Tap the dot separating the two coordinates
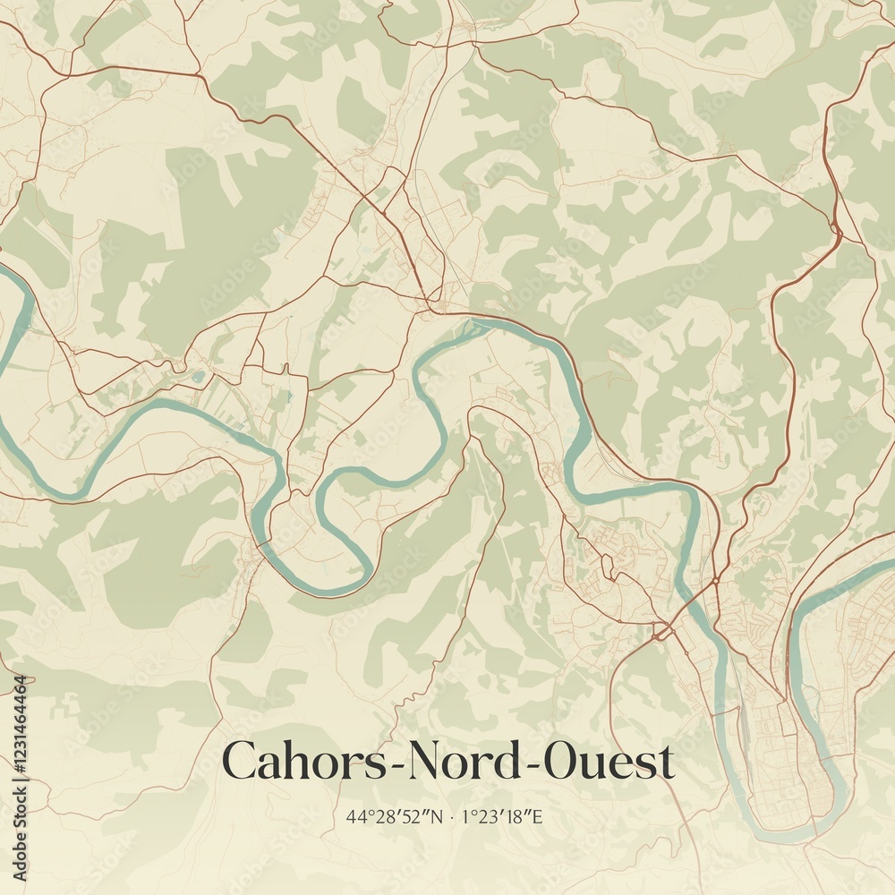click(x=454, y=816)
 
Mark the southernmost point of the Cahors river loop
click(x=788, y=839)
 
